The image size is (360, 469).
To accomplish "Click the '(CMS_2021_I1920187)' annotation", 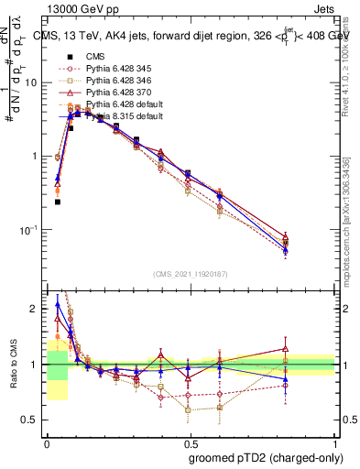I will click(x=191, y=274).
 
